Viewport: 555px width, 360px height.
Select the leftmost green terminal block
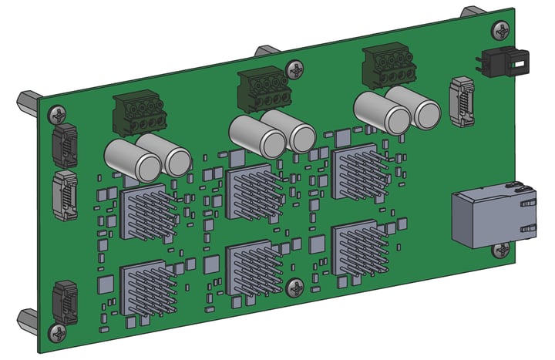pyautogui.click(x=140, y=114)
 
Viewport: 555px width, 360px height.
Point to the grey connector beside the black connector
pyautogui.click(x=461, y=101)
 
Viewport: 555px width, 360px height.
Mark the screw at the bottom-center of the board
pyautogui.click(x=296, y=288)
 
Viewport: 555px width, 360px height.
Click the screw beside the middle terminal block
pyautogui.click(x=295, y=73)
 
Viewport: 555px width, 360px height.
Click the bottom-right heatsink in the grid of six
pyautogui.click(x=357, y=249)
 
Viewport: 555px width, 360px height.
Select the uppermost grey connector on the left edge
pyautogui.click(x=64, y=144)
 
